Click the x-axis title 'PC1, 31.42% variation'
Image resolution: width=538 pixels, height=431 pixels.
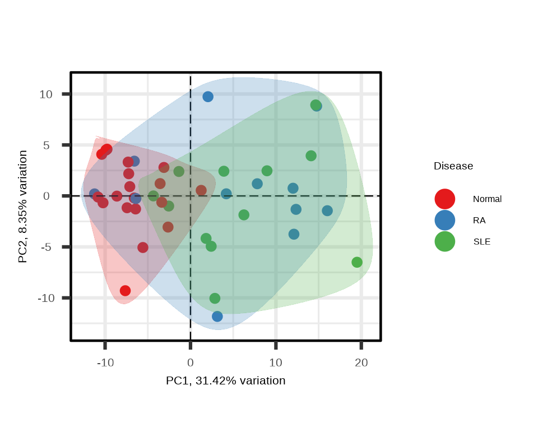click(225, 381)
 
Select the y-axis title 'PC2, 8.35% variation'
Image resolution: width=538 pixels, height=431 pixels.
click(23, 206)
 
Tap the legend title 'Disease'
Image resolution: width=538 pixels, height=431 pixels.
click(453, 166)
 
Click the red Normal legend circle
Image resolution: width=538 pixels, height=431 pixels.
click(444, 199)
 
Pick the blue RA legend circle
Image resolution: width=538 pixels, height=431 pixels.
click(444, 221)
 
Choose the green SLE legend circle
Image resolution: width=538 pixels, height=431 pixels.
click(444, 242)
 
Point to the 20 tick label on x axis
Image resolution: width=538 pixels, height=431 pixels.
click(361, 363)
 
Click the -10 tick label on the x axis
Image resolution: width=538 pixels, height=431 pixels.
click(105, 363)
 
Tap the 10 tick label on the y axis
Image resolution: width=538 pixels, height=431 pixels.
click(46, 94)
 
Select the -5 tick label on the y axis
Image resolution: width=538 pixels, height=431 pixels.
click(46, 247)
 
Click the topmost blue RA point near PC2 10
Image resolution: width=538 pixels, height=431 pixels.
click(208, 97)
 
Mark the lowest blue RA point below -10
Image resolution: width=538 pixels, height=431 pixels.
click(217, 317)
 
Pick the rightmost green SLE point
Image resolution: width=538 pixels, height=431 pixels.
click(357, 262)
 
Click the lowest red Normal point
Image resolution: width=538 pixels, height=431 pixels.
click(125, 291)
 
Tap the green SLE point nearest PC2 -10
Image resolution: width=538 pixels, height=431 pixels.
click(215, 299)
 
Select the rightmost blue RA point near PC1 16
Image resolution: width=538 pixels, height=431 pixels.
click(327, 210)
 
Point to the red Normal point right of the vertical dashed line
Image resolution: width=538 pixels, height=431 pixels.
click(201, 190)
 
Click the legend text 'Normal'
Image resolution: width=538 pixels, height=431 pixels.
click(487, 199)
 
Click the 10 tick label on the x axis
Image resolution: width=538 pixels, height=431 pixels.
click(276, 363)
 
